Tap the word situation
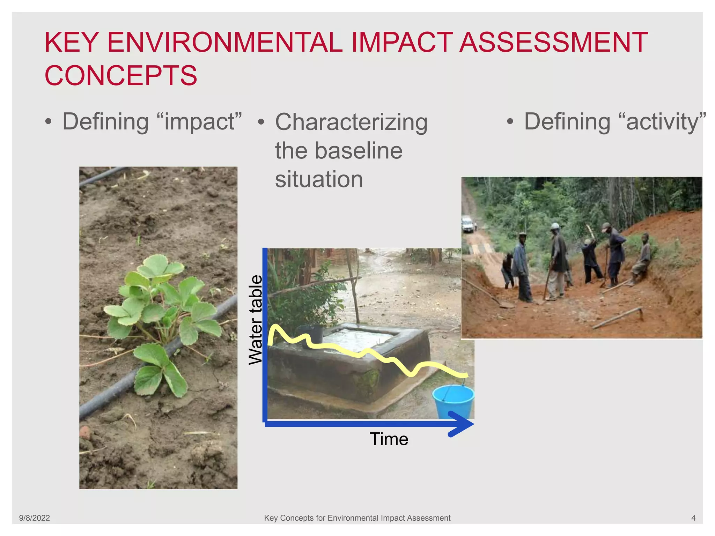(319, 179)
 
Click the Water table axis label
(256, 320)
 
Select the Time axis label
(389, 439)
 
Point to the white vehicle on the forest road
(468, 224)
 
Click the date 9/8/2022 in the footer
(34, 518)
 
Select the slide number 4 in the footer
(693, 518)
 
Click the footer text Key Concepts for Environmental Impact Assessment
(357, 518)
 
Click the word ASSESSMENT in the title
(554, 43)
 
